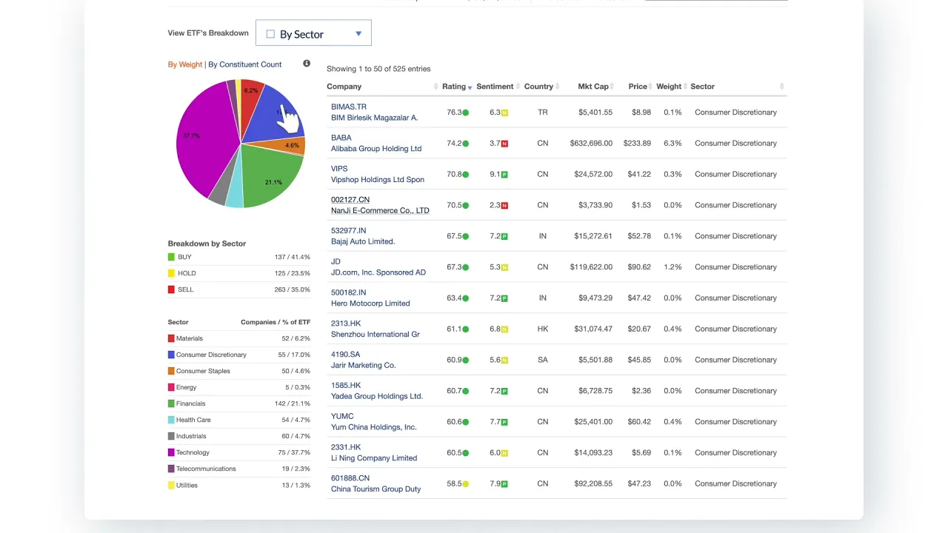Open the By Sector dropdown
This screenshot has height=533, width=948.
tap(313, 33)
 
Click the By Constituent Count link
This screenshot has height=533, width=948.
tap(244, 64)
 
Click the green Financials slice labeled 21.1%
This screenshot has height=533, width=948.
tap(270, 174)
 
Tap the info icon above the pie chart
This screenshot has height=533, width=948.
tap(307, 64)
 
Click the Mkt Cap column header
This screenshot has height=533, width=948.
tap(592, 87)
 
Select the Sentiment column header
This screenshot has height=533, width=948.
tap(495, 87)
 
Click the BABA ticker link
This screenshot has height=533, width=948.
tap(341, 138)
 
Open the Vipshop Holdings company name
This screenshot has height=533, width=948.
tap(377, 180)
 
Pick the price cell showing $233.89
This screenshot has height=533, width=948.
tap(637, 144)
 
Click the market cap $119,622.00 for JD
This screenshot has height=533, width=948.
tap(591, 267)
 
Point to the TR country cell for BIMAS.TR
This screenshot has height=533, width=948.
tap(543, 113)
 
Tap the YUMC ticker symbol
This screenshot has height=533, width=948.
tap(342, 416)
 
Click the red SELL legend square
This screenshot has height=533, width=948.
tap(171, 289)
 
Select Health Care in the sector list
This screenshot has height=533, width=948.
tap(193, 420)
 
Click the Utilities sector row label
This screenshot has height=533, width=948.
tap(187, 485)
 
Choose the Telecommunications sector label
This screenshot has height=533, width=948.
tap(206, 469)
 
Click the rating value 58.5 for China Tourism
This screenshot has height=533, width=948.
tap(454, 484)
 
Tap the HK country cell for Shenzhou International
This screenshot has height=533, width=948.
tap(543, 329)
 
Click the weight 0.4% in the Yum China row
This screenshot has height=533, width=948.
tap(672, 422)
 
